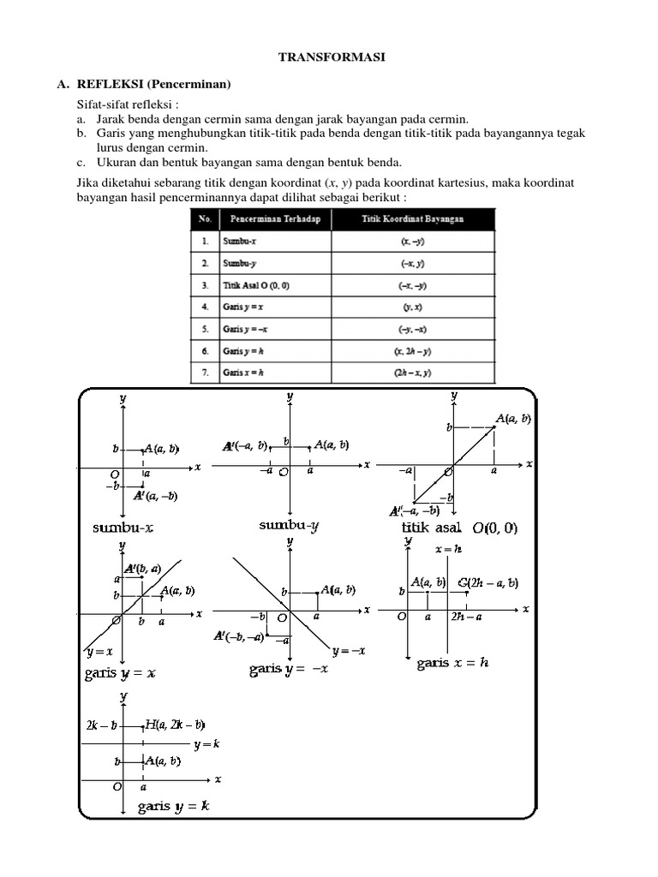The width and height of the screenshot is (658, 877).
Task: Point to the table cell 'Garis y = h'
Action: (242, 350)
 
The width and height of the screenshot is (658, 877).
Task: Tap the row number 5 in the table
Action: (205, 328)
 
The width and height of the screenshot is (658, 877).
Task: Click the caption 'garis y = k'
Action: (174, 805)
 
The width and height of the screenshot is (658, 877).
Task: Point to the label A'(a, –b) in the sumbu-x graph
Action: (155, 495)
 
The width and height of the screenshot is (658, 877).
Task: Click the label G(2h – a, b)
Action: (488, 583)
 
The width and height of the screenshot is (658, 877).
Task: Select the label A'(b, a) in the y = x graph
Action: (142, 568)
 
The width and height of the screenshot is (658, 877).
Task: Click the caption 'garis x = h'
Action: (452, 663)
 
